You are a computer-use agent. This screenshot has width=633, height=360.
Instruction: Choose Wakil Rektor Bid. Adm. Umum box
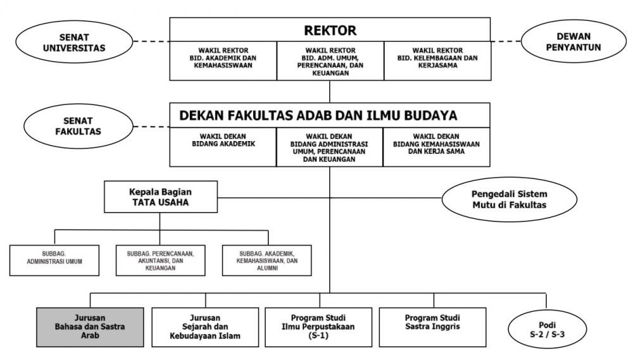[x=329, y=61]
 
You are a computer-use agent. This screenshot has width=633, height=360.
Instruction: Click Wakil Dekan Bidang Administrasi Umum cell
[x=329, y=147]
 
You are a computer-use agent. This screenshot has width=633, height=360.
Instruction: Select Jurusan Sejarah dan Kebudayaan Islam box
[x=205, y=327]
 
